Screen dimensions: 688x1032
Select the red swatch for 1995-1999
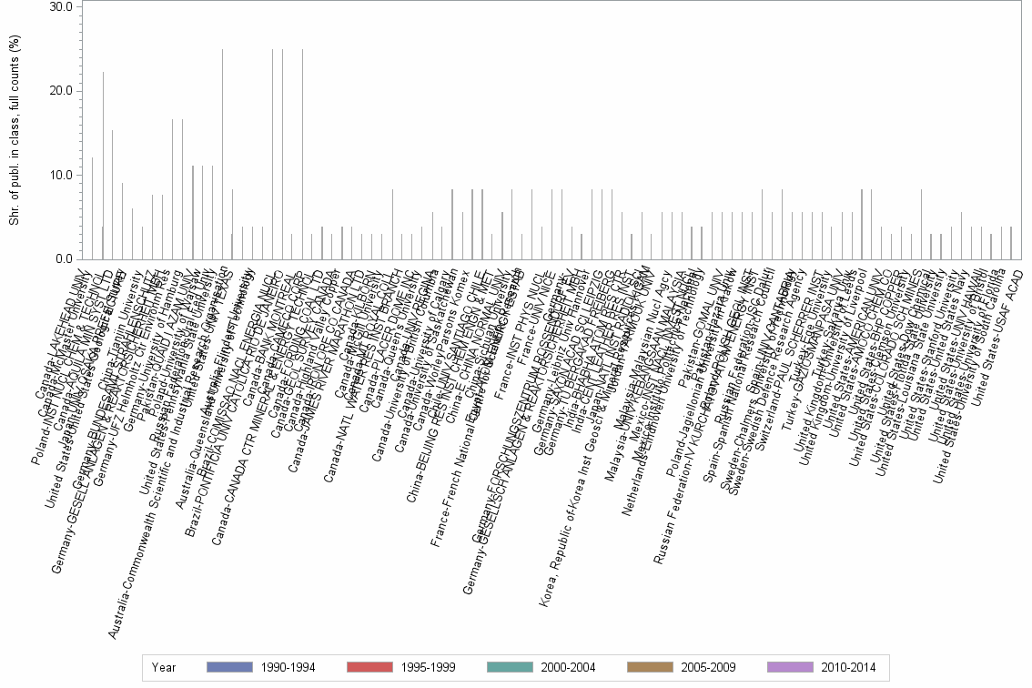pos(370,667)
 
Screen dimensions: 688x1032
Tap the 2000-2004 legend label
pos(569,667)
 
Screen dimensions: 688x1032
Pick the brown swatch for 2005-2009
pos(650,667)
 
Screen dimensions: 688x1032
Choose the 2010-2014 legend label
pos(849,667)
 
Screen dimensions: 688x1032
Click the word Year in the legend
pos(165,667)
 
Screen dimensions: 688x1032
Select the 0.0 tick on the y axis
pos(64,259)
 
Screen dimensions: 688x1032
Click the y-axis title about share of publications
pos(15,133)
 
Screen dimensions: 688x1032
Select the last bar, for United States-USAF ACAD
pos(1010,243)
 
